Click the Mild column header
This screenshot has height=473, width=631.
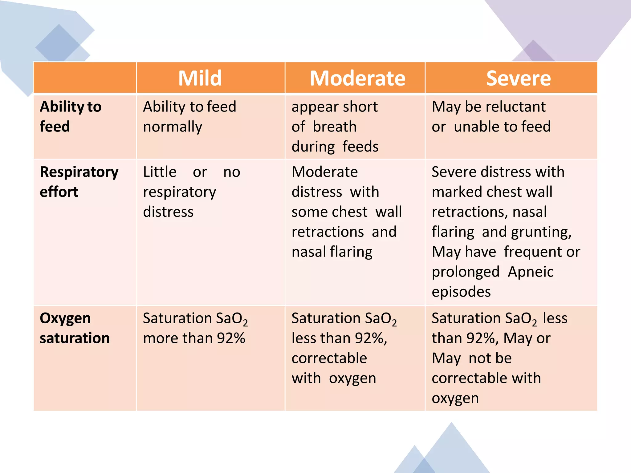[x=200, y=78]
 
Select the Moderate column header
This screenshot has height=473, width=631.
[x=357, y=78]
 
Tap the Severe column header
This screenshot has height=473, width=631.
[x=518, y=78]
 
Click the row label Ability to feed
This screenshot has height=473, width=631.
[x=71, y=116]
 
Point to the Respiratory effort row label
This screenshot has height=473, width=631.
[x=79, y=182]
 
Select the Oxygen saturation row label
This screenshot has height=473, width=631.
[x=75, y=328]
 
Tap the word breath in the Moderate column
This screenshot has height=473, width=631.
[x=335, y=127]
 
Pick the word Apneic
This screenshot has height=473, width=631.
[x=531, y=272]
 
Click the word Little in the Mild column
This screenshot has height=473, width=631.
[x=160, y=172]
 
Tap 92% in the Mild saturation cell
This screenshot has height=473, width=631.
[x=231, y=338]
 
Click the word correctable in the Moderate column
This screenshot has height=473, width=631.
[x=329, y=358]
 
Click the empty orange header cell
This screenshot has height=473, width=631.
[x=85, y=78]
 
